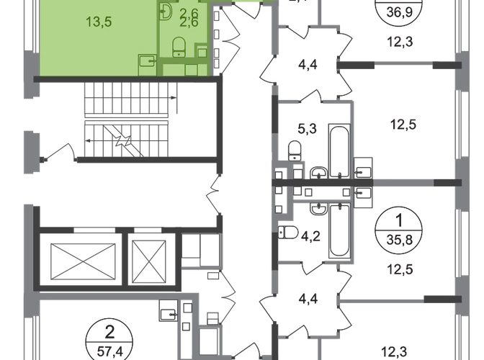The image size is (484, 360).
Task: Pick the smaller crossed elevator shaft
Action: pos(146,258)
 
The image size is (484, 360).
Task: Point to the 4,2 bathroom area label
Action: pos(311,233)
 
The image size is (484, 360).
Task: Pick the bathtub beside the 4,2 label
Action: pos(336,230)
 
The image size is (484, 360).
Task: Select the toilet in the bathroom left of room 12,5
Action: pos(295,151)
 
